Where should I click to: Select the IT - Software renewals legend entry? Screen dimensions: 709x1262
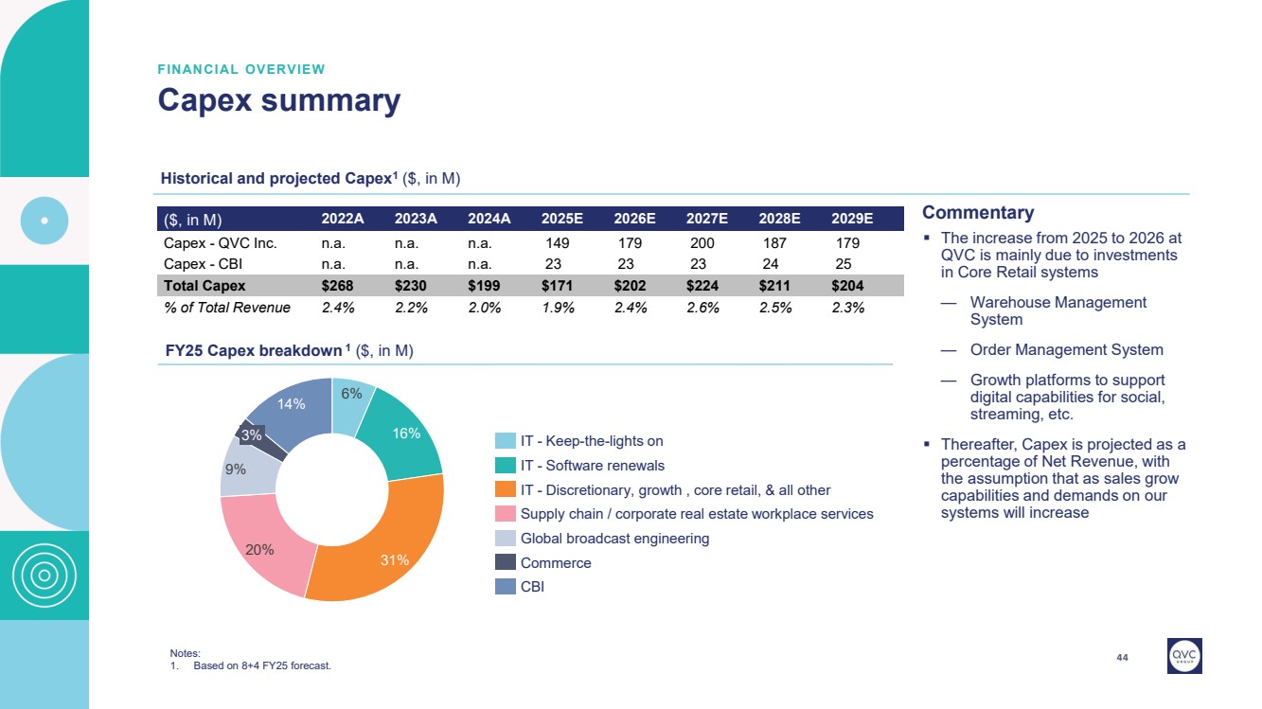(579, 466)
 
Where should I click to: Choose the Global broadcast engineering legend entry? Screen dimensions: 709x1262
(601, 539)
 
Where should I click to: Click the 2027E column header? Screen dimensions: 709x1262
(706, 219)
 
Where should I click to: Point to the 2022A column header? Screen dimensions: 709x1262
(343, 219)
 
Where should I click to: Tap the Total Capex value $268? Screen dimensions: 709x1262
(342, 285)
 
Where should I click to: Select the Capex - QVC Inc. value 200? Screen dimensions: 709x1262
(702, 243)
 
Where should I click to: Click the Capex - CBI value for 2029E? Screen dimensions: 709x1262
(844, 264)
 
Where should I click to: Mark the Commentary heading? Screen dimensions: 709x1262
(978, 213)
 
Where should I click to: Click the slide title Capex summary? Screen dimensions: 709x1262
(278, 100)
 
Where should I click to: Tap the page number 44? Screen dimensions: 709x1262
(1123, 658)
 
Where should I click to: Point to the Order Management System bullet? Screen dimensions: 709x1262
(1066, 349)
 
